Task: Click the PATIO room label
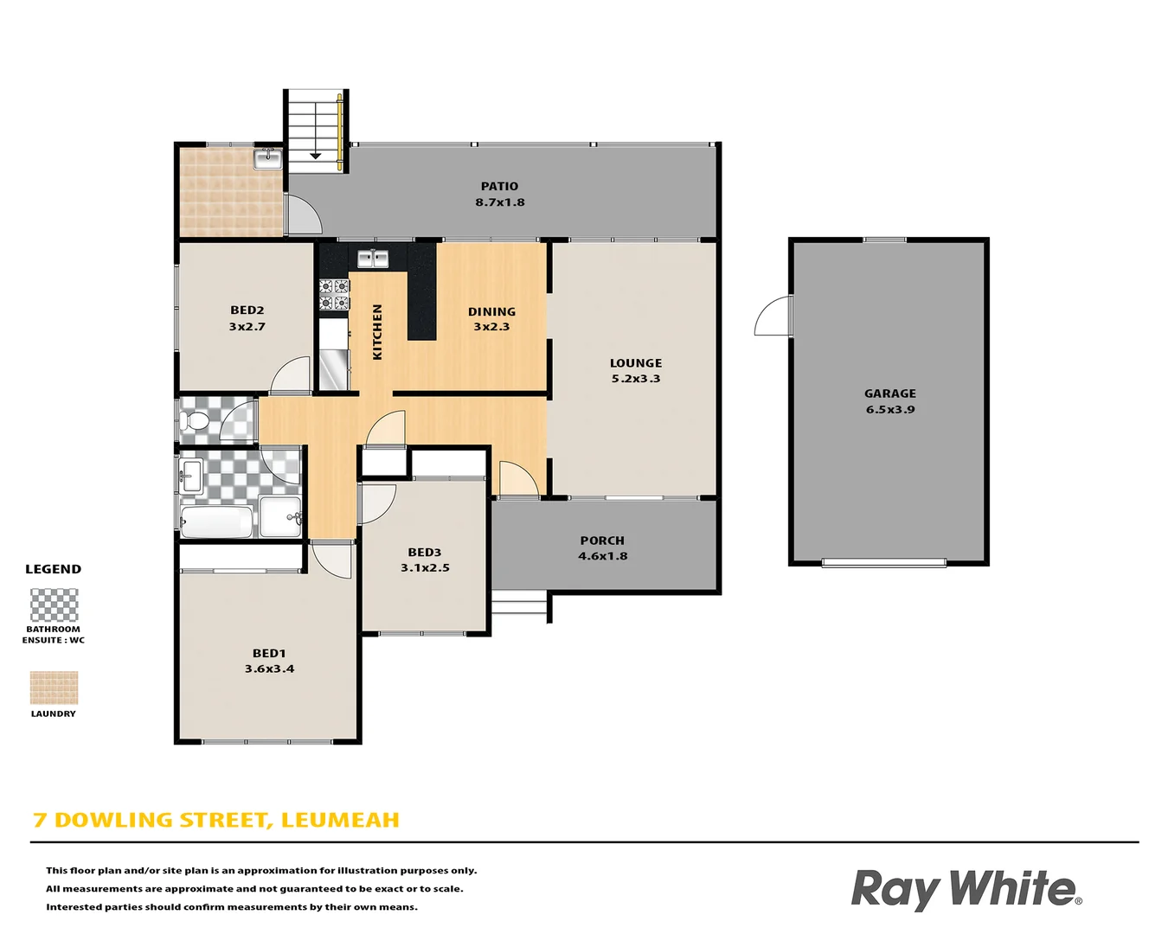[x=499, y=186]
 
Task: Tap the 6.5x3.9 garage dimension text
[x=890, y=410]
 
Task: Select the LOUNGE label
[x=636, y=363]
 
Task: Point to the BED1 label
[x=269, y=653]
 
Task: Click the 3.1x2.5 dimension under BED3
[x=425, y=568]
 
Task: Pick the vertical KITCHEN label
[x=377, y=331]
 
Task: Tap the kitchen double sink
[x=373, y=258]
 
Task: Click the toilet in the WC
[x=196, y=422]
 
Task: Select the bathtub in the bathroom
[x=216, y=521]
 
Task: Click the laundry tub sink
[x=268, y=158]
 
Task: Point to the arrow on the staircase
[x=316, y=154]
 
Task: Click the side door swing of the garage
[x=772, y=317]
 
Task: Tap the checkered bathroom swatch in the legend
[x=54, y=605]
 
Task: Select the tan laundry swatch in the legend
[x=54, y=688]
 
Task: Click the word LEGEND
[x=53, y=569]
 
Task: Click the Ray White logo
[x=966, y=889]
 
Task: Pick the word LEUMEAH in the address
[x=340, y=820]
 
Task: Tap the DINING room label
[x=491, y=311]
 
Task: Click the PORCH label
[x=602, y=541]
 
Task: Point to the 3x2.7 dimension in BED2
[x=247, y=327]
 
